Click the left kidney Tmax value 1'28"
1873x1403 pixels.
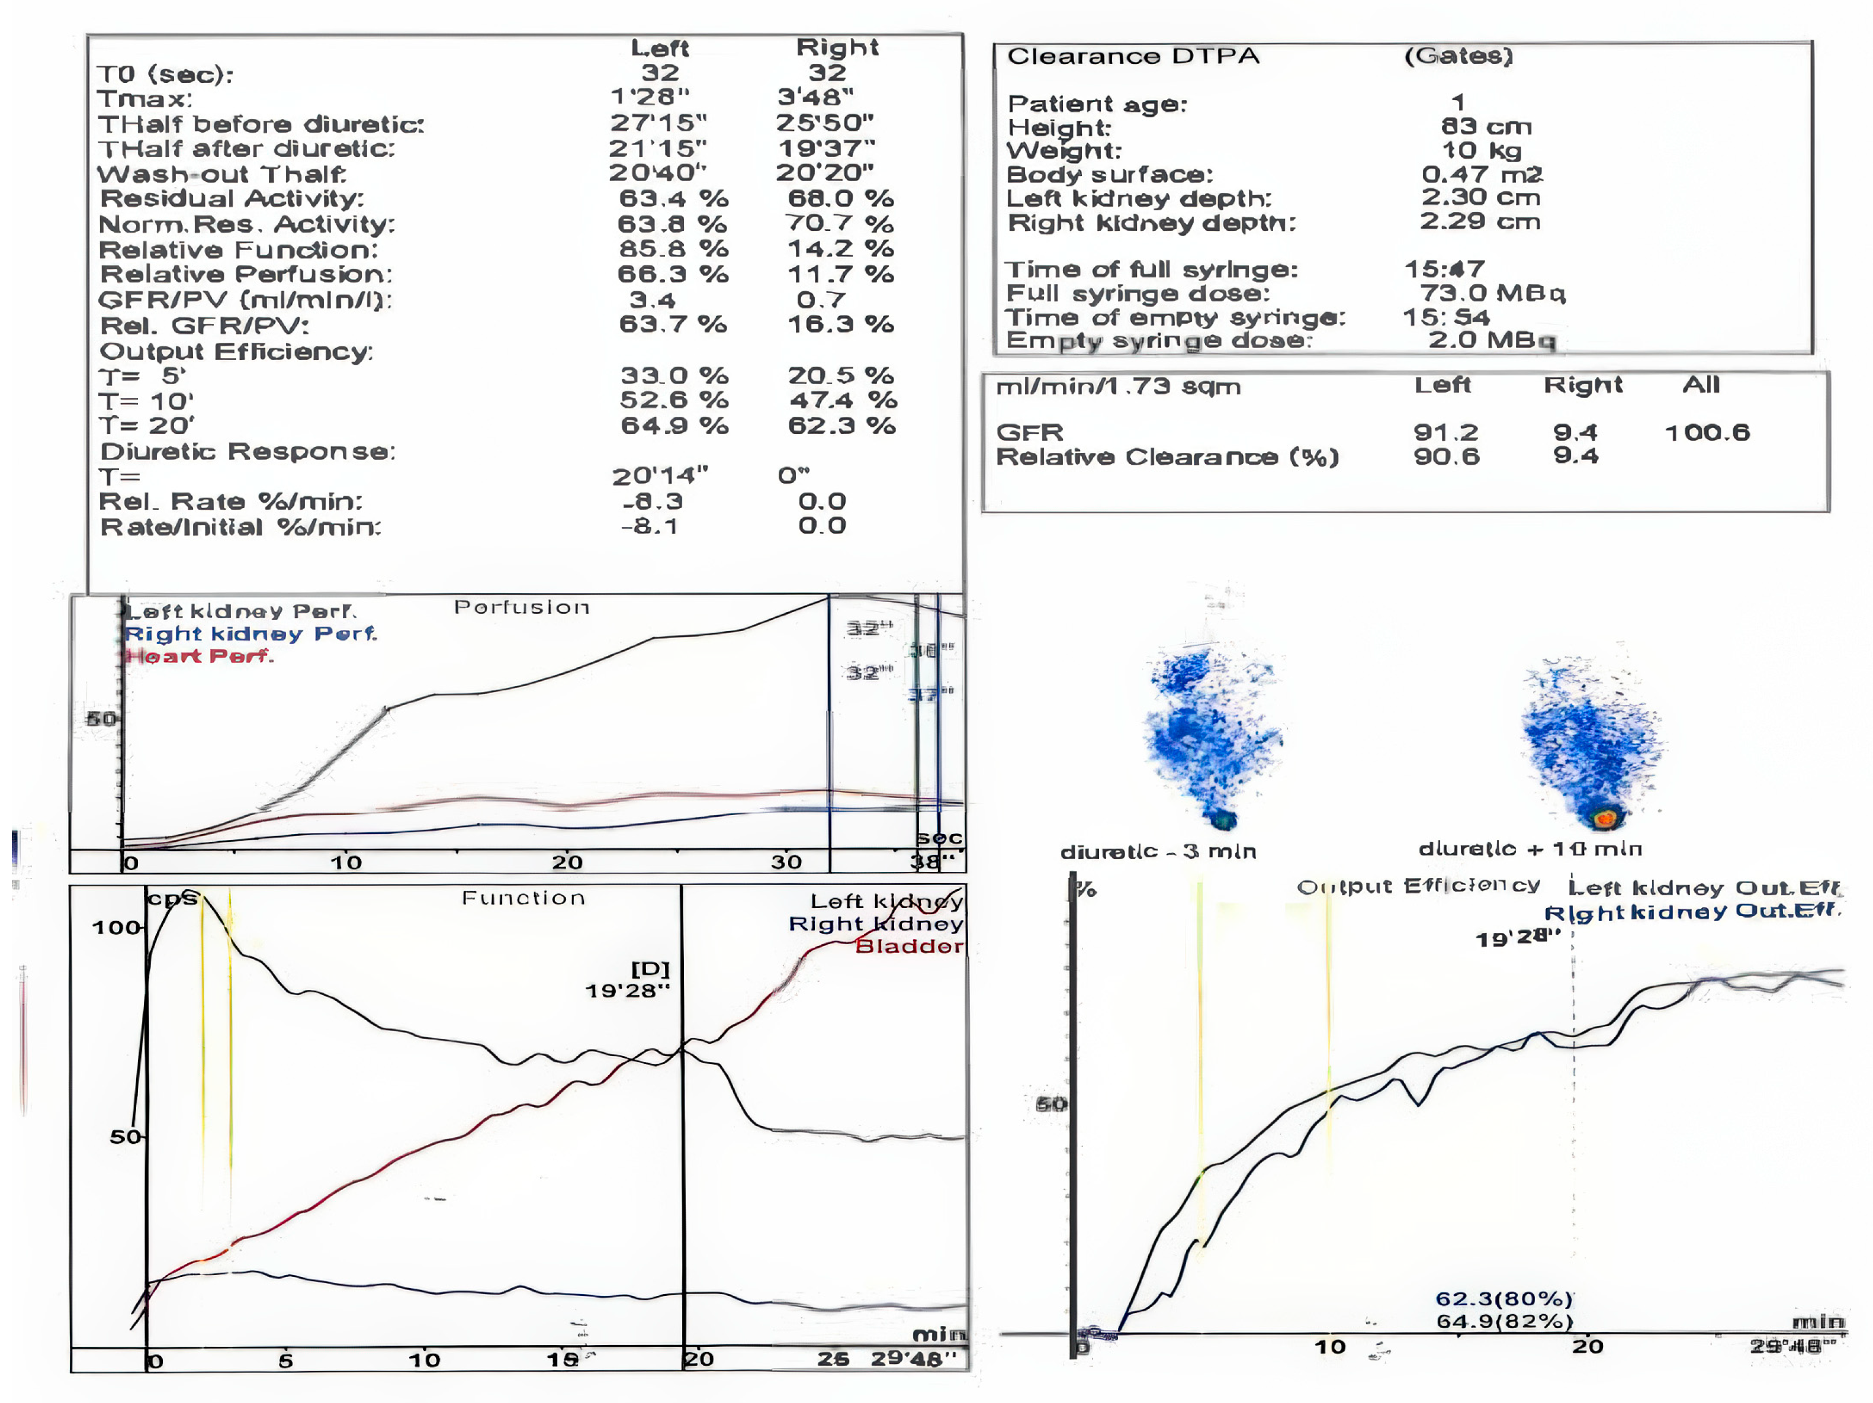pos(650,97)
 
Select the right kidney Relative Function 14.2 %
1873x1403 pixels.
pos(839,249)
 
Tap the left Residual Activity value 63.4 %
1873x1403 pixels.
pos(672,199)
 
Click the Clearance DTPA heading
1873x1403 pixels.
pos(1132,57)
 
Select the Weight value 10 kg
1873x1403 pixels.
pos(1481,151)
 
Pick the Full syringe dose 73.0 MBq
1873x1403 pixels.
pos(1492,293)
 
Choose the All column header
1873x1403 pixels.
pos(1700,385)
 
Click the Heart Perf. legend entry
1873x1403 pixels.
pos(199,656)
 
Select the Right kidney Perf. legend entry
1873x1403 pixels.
pos(250,633)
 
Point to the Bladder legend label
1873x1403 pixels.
pos(908,946)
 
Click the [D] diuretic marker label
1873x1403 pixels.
pos(650,968)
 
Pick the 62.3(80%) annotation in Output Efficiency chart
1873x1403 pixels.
pos(1503,1299)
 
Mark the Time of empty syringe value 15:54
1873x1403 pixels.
pos(1445,317)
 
